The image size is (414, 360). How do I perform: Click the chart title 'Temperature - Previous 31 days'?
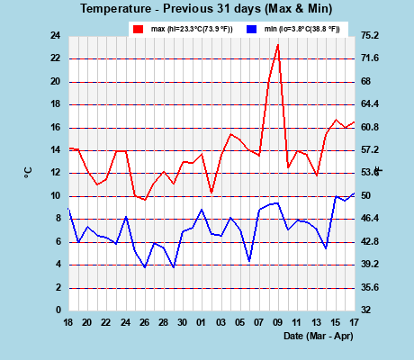point(206,9)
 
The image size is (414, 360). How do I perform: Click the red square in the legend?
point(139,30)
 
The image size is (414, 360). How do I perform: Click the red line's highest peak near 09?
point(278,44)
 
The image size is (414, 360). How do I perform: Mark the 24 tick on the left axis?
point(55,36)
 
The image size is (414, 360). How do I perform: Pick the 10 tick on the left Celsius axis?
point(55,196)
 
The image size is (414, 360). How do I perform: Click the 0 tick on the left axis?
point(58,310)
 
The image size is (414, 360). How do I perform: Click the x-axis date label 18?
point(68,322)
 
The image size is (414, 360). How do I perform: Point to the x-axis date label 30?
point(183,322)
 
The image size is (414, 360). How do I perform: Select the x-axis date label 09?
point(278,322)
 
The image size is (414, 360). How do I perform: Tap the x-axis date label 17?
point(354,322)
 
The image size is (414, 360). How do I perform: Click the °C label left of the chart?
point(29,171)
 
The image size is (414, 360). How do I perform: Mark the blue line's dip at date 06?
point(249,261)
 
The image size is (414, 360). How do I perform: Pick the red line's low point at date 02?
point(211,193)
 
